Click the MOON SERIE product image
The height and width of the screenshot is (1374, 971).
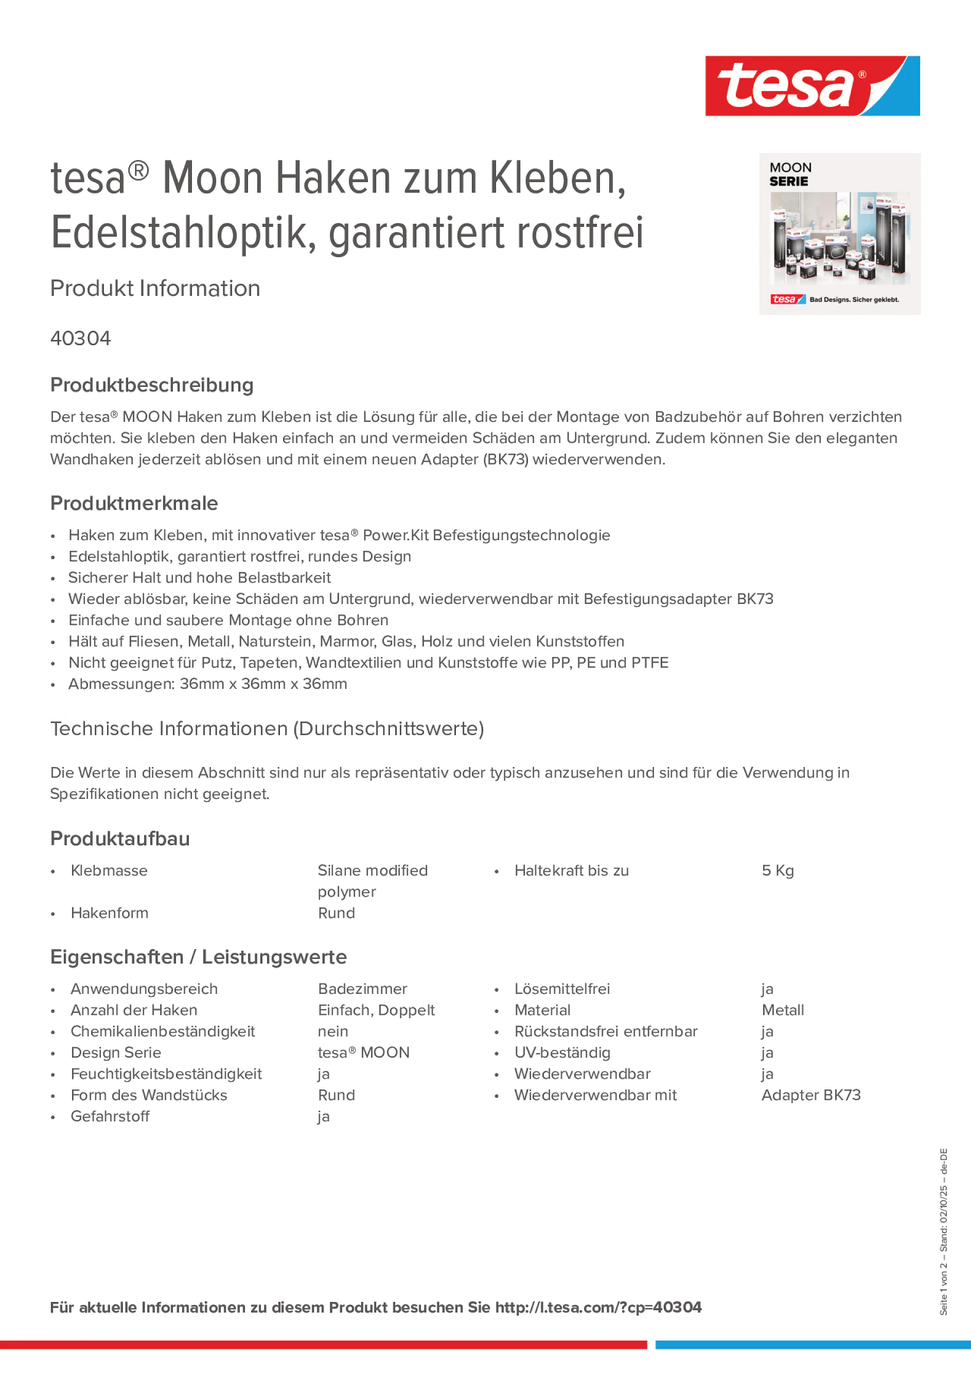pos(839,234)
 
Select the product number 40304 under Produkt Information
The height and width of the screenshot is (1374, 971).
pos(80,338)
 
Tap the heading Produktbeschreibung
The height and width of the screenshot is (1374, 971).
pos(151,385)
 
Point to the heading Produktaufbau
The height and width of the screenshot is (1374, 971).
pos(120,838)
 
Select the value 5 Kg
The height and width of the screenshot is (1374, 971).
pos(778,871)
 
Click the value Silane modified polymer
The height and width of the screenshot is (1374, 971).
pos(373,881)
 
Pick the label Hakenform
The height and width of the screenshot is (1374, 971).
pos(109,913)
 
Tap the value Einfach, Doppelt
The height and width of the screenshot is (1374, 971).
pos(376,1010)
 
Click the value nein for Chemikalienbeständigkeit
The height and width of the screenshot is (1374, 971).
pos(333,1031)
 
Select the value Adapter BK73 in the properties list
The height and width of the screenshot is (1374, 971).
pos(810,1095)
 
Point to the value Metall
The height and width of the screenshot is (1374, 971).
pos(783,1010)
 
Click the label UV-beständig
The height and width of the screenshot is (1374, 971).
pos(562,1052)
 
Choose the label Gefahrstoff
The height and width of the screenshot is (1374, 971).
pos(110,1116)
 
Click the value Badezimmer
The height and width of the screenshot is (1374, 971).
pos(362,989)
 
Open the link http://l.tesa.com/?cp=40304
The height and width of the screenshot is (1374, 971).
pos(598,1308)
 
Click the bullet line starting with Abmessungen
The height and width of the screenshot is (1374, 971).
pos(207,684)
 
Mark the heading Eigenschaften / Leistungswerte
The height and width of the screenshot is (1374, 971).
pos(198,957)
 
